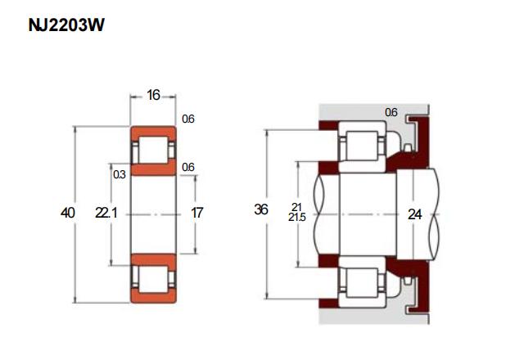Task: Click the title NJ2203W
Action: coord(66,25)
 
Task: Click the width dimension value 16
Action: coord(153,95)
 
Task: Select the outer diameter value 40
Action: coord(67,213)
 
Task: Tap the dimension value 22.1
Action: coord(106,213)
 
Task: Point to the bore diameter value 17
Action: coord(196,213)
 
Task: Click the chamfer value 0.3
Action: coord(120,174)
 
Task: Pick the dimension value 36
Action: coord(261,209)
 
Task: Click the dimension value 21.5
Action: coord(297,218)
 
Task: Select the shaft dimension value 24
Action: coord(415,214)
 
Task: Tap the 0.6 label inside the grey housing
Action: coord(391,112)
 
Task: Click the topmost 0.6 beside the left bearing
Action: coord(188,119)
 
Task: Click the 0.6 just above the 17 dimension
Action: coord(188,167)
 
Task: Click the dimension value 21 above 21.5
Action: coord(296,207)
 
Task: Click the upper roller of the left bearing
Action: coord(153,150)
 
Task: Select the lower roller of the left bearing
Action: coord(153,279)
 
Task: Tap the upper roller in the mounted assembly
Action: coord(362,146)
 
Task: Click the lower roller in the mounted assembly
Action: coord(362,282)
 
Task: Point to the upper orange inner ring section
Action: coord(153,168)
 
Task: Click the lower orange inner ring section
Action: coord(153,261)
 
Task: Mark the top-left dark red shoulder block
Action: coord(328,125)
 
